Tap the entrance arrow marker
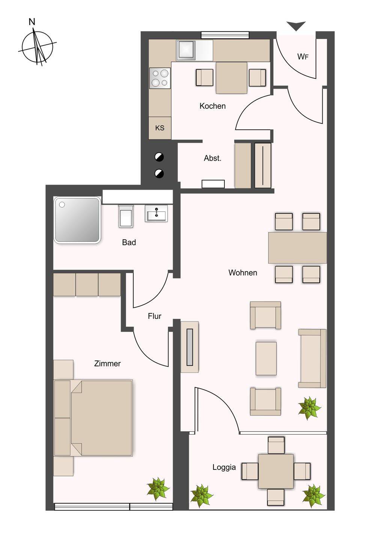point(296,26)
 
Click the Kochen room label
point(212,106)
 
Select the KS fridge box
point(159,128)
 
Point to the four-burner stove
point(160,78)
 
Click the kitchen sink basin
point(186,50)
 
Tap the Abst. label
point(212,158)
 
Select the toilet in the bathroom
point(126,216)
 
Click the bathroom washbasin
point(156,213)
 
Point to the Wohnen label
point(243,273)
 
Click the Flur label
point(155,316)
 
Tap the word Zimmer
point(107,363)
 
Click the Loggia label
point(224,467)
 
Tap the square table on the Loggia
point(276,468)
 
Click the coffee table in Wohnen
point(266,358)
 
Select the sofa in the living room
point(312,358)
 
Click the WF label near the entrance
point(303,57)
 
